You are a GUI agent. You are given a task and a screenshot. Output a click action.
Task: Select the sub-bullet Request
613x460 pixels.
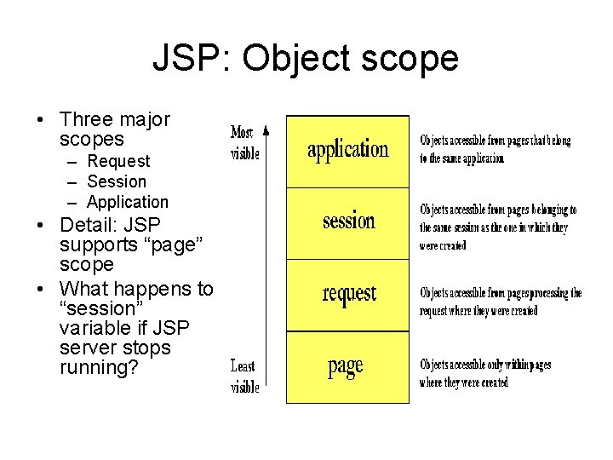(118, 161)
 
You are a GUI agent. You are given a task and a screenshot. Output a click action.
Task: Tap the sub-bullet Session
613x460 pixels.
(117, 181)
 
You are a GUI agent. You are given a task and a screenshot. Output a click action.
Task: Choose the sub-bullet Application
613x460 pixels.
(128, 202)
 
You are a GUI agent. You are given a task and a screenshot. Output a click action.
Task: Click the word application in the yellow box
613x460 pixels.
(347, 150)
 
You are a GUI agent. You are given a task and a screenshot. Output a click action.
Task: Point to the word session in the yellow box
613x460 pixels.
(348, 221)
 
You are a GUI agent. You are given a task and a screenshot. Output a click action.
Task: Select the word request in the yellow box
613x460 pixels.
(348, 293)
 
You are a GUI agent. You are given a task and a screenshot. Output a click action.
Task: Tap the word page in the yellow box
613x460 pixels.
(346, 366)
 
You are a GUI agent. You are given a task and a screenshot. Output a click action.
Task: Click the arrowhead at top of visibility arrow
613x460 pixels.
(266, 129)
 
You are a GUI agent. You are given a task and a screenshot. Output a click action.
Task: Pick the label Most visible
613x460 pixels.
(243, 143)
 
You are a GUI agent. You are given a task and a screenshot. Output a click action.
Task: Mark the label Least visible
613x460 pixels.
(244, 376)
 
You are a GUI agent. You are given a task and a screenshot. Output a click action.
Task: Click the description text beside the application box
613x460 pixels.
(494, 149)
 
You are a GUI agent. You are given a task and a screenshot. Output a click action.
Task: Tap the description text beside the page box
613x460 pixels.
(484, 373)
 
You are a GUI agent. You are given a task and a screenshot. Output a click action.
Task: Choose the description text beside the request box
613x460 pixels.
(500, 302)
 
